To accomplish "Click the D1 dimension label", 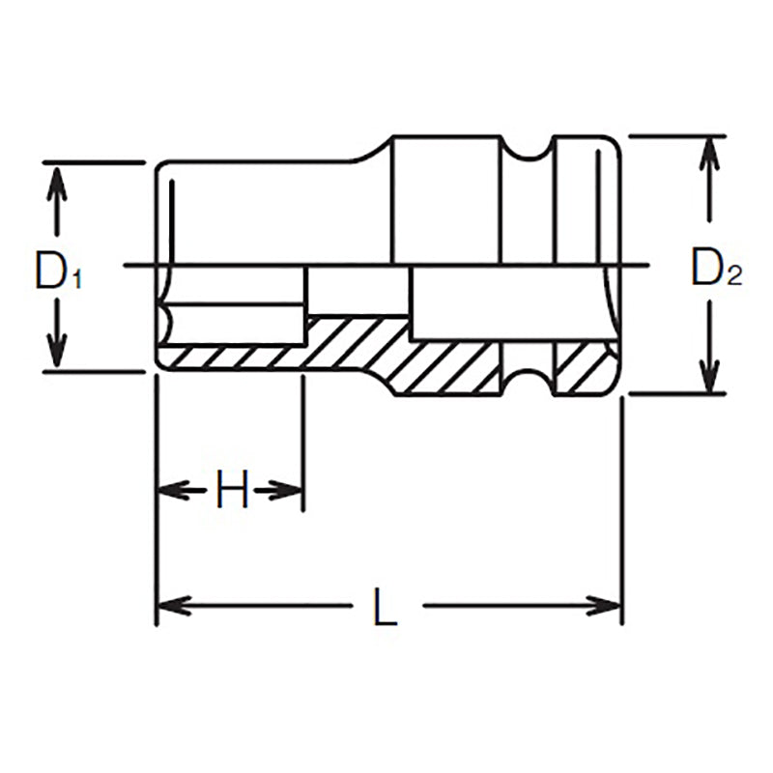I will [x=59, y=272].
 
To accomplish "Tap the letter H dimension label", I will [x=232, y=491].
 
